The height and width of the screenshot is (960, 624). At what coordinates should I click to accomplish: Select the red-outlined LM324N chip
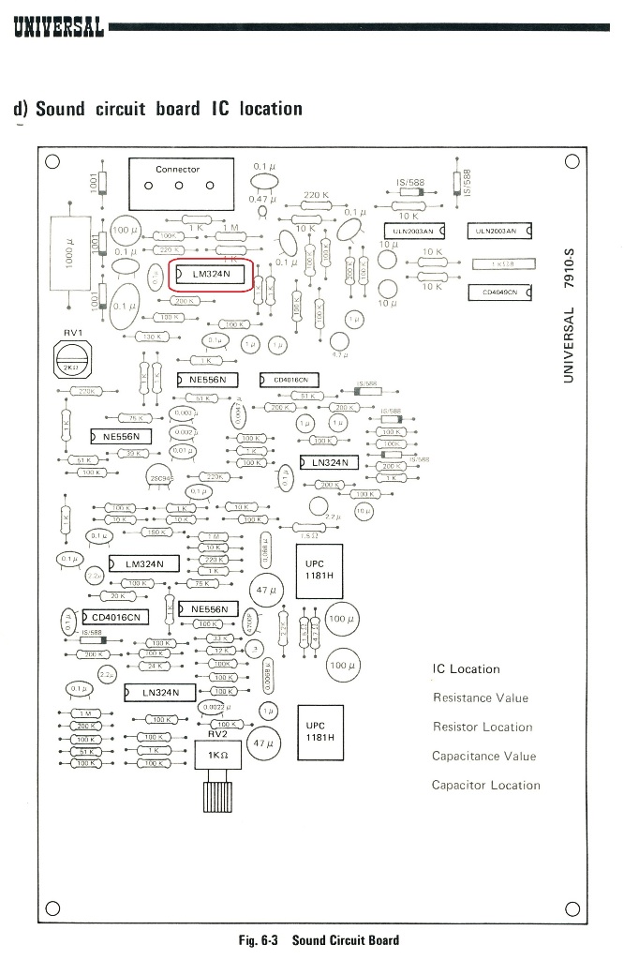211,274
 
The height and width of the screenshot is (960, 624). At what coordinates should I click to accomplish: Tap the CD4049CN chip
501,292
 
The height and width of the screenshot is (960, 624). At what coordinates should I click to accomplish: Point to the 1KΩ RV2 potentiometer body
218,756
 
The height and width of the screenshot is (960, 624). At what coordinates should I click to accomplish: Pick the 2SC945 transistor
158,477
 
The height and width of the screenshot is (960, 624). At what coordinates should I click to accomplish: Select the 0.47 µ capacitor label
261,200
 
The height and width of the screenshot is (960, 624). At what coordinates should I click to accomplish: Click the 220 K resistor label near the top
316,196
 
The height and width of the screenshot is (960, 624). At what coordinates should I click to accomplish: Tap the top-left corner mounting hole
52,161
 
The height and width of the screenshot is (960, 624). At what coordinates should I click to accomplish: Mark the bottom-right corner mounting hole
572,907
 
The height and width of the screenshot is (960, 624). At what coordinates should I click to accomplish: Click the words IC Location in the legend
466,669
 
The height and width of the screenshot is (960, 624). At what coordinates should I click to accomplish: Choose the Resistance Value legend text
480,697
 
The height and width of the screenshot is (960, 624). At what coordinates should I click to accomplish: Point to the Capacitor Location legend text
485,786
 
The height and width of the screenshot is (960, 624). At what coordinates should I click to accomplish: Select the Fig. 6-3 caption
319,940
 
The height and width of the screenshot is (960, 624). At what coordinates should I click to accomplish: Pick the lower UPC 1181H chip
319,731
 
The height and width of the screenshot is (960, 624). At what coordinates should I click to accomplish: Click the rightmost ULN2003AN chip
498,231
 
